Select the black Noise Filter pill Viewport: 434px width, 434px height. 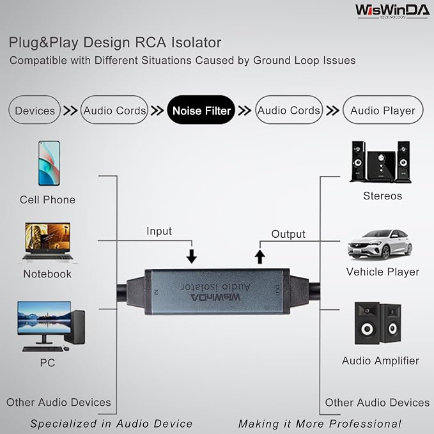pos(201,110)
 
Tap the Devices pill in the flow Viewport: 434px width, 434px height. pos(35,110)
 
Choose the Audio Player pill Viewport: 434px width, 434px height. pos(383,110)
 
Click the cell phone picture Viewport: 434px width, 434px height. pos(49,163)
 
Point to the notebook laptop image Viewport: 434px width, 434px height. pos(47,242)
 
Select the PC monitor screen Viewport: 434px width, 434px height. pos(44,318)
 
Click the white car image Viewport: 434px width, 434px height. pos(380,244)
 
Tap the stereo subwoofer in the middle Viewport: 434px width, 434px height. pos(381,166)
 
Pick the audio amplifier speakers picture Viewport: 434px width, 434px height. pos(378,323)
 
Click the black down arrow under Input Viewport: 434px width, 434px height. pos(192,256)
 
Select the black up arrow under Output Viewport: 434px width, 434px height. pos(260,256)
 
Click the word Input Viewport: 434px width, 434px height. pos(159,231)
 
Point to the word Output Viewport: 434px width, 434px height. pos(288,234)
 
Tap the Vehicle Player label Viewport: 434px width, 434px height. pos(383,272)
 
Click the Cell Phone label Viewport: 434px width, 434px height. pos(47,199)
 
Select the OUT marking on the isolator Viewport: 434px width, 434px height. pos(277,291)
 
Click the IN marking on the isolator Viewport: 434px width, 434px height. pos(156,293)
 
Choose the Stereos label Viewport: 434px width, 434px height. pos(382,196)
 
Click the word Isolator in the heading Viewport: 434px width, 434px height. pos(196,43)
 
